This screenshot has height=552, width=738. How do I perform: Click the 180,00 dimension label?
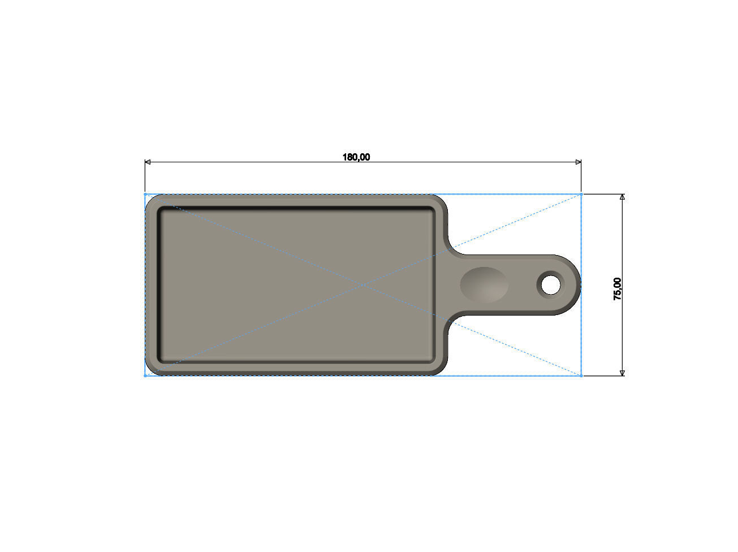point(356,157)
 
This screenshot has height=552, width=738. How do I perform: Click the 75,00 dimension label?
point(618,288)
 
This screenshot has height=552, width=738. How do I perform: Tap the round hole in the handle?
point(550,284)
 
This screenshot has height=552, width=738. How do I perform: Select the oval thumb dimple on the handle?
point(484,284)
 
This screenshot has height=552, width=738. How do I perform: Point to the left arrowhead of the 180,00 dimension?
point(148,162)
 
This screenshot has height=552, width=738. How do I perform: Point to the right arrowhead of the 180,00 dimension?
point(578,162)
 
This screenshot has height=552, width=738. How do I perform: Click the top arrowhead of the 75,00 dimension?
point(622,197)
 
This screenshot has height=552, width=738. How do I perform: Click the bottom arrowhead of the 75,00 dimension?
point(622,372)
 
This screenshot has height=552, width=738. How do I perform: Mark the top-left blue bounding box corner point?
point(145,194)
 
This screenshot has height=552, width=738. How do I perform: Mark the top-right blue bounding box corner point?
point(581,194)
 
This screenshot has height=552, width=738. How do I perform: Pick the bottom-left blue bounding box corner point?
point(145,376)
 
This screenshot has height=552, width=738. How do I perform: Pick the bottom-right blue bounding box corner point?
point(581,376)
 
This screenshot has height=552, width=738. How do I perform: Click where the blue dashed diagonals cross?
point(363,284)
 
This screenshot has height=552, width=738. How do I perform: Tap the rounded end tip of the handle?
point(580,284)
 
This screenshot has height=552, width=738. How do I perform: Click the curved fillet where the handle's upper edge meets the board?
point(454,249)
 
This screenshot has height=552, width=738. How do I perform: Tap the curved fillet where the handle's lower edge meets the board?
point(454,320)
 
